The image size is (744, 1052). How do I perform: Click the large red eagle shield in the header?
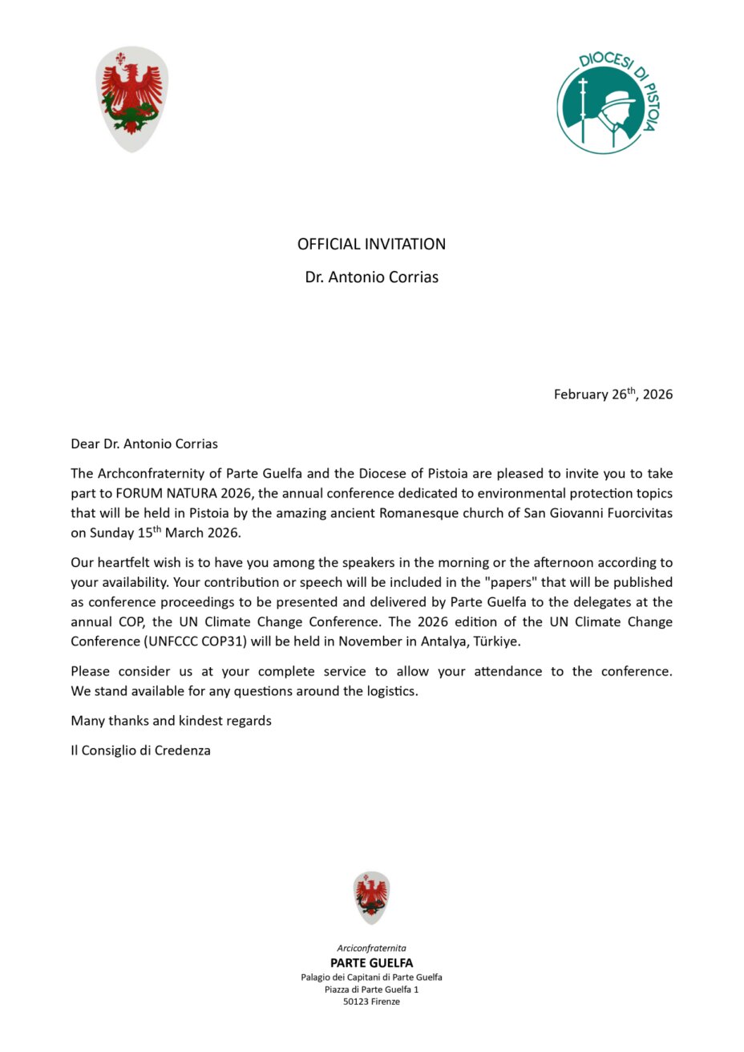pyautogui.click(x=132, y=99)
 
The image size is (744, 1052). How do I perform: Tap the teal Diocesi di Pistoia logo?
pyautogui.click(x=610, y=102)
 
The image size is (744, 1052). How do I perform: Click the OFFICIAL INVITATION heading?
pyautogui.click(x=371, y=244)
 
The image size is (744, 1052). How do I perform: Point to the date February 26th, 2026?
pyautogui.click(x=613, y=394)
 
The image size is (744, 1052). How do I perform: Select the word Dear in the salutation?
pyautogui.click(x=85, y=443)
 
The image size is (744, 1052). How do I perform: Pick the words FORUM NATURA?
pyautogui.click(x=161, y=493)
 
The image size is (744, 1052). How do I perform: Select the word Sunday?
pyautogui.click(x=112, y=532)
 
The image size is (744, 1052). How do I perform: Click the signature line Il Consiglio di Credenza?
pyautogui.click(x=140, y=751)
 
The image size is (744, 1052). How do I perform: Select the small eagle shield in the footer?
pyautogui.click(x=371, y=897)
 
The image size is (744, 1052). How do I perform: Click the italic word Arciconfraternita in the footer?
pyautogui.click(x=371, y=948)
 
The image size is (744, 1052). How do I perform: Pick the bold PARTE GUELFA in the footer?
pyautogui.click(x=371, y=962)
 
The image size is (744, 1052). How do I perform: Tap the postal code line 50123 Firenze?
pyautogui.click(x=371, y=1001)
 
